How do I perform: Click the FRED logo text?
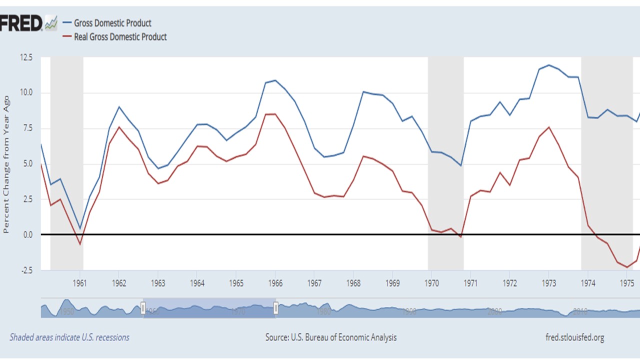point(20,23)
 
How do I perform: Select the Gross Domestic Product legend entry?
point(112,23)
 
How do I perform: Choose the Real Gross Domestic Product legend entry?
point(120,37)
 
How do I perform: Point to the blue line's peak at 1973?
point(549,65)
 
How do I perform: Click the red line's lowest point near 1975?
point(627,267)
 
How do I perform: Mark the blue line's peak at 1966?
point(275,80)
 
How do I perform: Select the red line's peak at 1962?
point(119,127)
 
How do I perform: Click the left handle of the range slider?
point(143,309)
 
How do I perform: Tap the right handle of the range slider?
point(275,309)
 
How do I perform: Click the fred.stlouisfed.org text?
point(574,337)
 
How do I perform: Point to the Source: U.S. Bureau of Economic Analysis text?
point(331,337)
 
